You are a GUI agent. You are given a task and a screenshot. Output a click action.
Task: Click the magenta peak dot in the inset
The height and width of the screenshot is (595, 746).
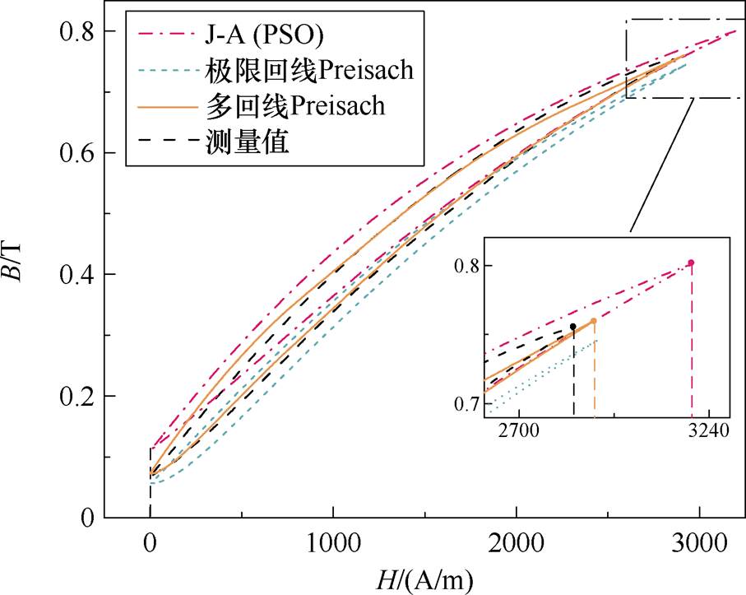[691, 263]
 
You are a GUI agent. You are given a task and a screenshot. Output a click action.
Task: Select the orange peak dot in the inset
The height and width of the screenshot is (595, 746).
[593, 321]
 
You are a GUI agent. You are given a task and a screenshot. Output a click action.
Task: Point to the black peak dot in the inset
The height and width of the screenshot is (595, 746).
[573, 327]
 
